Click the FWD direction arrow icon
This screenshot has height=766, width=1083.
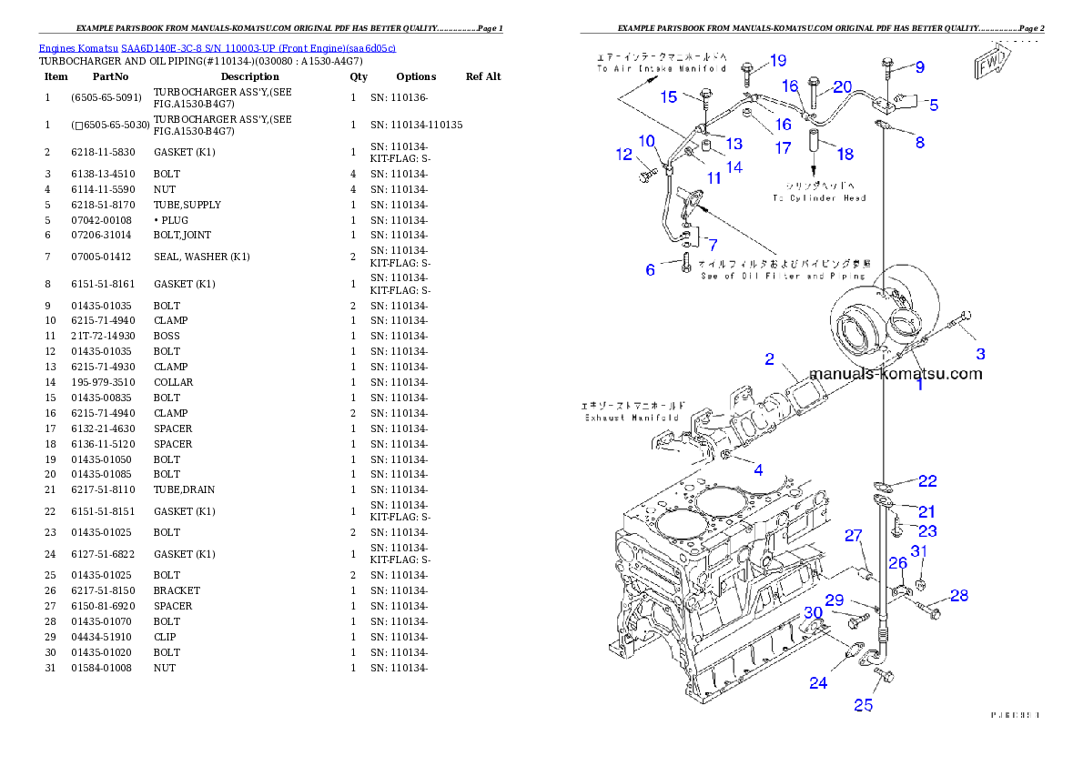pos(988,66)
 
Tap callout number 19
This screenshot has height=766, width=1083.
pos(778,61)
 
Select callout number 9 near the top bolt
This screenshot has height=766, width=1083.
pos(919,66)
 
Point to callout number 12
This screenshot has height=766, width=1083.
pos(623,155)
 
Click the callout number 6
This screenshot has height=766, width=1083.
pos(650,270)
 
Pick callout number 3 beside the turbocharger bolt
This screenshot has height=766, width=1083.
pos(980,354)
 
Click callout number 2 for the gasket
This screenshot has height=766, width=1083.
pos(769,359)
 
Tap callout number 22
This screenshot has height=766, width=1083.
pos(926,480)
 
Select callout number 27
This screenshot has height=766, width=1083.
pos(853,536)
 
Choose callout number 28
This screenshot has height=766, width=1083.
pos(959,596)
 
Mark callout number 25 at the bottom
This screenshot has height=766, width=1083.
pos(863,704)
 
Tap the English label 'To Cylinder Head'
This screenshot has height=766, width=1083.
pos(819,197)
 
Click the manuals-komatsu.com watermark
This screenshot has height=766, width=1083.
pos(896,374)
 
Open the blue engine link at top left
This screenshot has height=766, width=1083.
pos(217,47)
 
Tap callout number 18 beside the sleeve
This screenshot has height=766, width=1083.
pos(845,154)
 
